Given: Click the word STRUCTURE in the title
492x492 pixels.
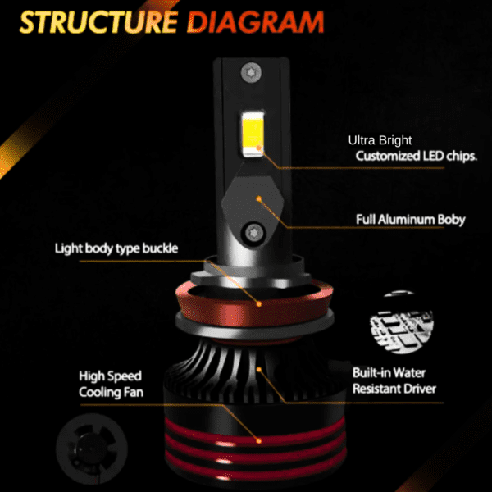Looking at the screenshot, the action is [x=98, y=22].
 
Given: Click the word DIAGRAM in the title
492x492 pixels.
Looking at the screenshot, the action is [x=255, y=22].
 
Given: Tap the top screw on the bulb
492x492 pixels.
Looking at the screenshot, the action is [x=251, y=73].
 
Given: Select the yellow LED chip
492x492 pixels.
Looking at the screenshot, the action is [x=253, y=134].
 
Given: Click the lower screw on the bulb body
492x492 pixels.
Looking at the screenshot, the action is [x=253, y=234].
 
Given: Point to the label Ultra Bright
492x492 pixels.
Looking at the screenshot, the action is [x=380, y=140].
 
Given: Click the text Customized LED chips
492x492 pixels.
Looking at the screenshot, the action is [x=417, y=156].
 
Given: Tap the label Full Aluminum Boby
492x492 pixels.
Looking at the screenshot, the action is [x=411, y=220].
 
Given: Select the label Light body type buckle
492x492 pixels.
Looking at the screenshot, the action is [x=116, y=248].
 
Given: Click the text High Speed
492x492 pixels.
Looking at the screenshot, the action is [x=110, y=376].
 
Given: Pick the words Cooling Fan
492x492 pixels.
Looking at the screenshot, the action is [x=111, y=392].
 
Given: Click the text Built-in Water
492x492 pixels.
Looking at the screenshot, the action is [x=389, y=373].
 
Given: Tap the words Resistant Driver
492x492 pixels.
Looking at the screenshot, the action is [x=394, y=389].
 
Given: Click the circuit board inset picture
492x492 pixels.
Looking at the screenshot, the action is [x=402, y=323].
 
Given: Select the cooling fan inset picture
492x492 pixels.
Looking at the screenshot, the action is [x=92, y=449].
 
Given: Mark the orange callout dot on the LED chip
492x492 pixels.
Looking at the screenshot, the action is [x=259, y=147].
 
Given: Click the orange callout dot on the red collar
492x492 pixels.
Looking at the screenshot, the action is [x=259, y=303].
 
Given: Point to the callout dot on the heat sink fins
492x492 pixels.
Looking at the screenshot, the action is [x=259, y=369].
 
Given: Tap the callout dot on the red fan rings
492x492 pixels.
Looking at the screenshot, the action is [x=259, y=441].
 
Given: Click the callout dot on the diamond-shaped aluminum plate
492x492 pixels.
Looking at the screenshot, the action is [x=259, y=198].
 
